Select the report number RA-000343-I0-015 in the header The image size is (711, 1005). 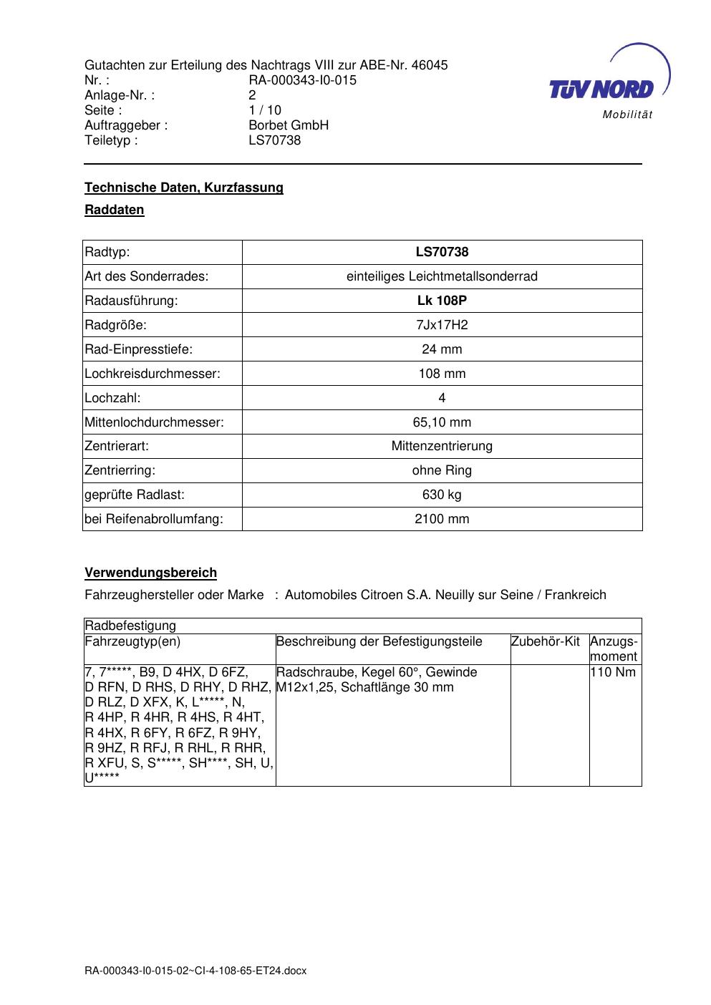[302, 80]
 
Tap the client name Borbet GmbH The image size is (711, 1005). [289, 125]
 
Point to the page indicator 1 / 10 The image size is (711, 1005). [265, 110]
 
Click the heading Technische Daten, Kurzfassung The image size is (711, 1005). [184, 188]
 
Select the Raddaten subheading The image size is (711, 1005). [115, 210]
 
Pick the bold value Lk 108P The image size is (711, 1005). [442, 301]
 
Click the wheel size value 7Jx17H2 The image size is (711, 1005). [442, 325]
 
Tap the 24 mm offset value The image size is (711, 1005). [442, 349]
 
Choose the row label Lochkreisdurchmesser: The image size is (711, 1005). [153, 374]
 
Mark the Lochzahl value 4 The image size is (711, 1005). [442, 398]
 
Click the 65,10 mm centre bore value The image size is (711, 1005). [442, 422]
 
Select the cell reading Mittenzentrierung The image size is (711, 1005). [442, 446]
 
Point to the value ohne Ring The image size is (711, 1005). [442, 470]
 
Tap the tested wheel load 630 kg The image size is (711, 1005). [442, 495]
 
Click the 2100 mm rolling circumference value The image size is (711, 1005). [442, 519]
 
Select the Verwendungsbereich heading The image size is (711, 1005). [151, 573]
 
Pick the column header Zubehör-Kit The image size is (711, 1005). [546, 641]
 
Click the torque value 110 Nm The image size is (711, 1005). [613, 672]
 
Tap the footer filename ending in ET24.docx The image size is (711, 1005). [195, 971]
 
